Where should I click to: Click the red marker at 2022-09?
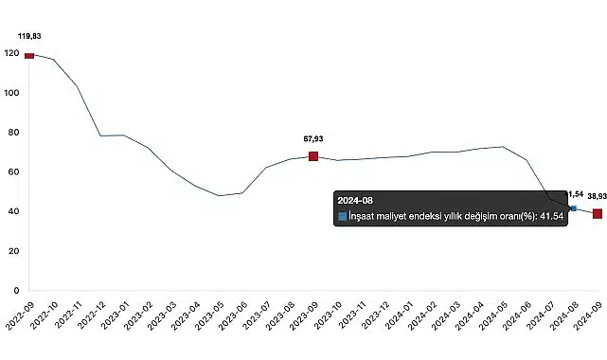coord(29,56)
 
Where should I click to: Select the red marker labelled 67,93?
coord(313,156)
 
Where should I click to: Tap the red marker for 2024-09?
coord(598,213)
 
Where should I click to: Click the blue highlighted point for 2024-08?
coord(573,208)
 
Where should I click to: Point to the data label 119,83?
coord(29,36)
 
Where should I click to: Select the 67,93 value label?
coord(312,138)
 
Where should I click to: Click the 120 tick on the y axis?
coord(11,54)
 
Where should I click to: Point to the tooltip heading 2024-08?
coord(356,201)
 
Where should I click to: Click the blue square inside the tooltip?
coord(342,217)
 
